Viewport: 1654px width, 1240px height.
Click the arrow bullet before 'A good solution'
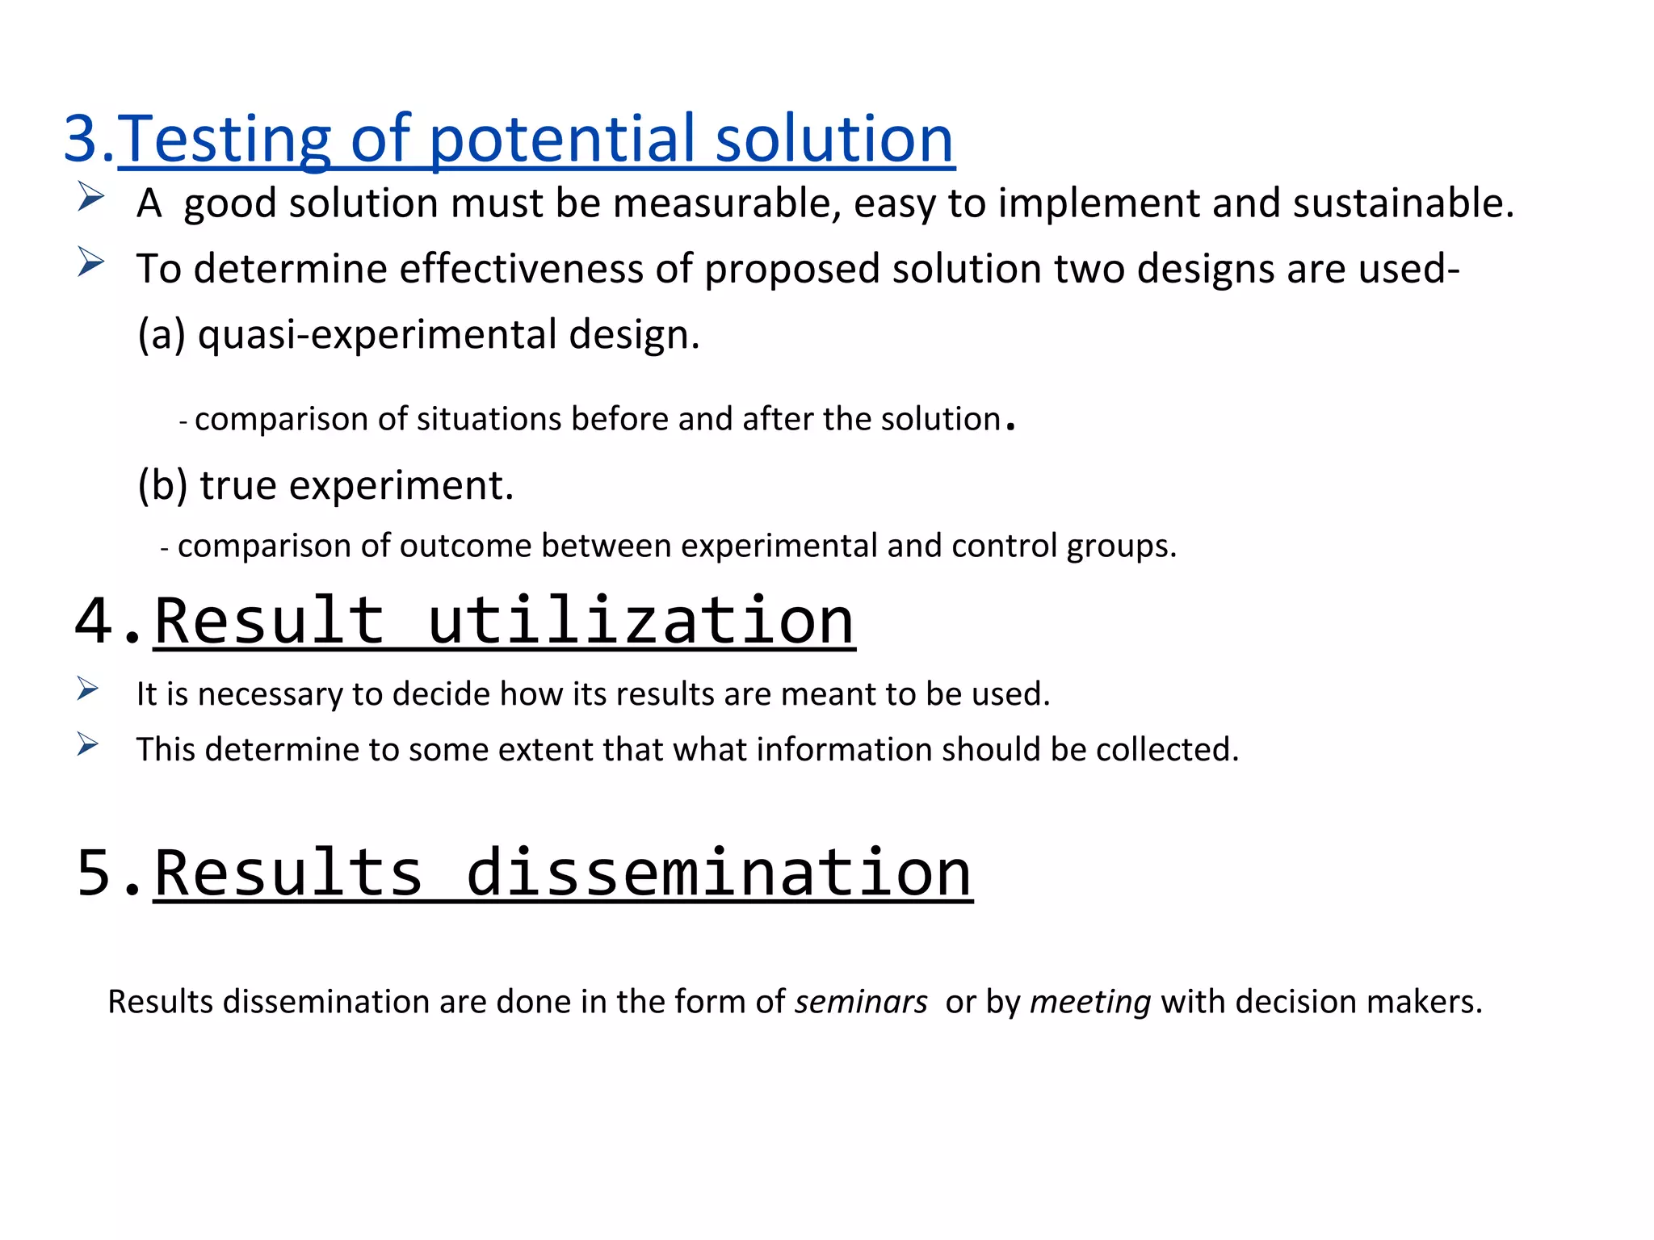[x=90, y=197]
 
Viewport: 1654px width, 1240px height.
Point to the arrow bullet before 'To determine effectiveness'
[x=90, y=262]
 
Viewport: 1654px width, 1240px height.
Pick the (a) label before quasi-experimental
[x=162, y=334]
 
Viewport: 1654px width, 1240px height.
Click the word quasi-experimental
[x=377, y=334]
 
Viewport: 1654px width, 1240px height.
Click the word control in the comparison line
[x=1004, y=546]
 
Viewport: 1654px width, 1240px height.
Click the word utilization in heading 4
[x=640, y=621]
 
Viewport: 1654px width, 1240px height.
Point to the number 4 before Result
[x=93, y=621]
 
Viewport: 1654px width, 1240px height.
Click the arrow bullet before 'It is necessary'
[x=88, y=689]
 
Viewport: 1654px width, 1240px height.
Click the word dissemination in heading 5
[x=718, y=873]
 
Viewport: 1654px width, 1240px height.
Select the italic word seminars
[x=861, y=1002]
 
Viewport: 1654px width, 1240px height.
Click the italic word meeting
[x=1090, y=1002]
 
